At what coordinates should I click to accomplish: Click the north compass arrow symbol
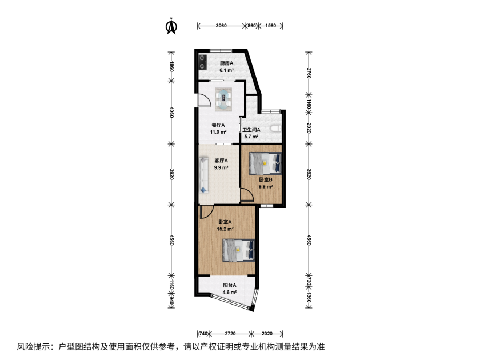coord(171,26)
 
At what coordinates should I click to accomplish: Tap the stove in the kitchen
coord(202,62)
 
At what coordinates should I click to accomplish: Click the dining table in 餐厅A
coord(223,99)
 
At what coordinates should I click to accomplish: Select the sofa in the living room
coord(204,175)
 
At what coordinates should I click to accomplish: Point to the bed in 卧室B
coord(265,163)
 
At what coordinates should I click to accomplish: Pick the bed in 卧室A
coord(238,250)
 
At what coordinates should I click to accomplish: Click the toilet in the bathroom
coord(275,128)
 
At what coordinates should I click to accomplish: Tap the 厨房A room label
coord(226,63)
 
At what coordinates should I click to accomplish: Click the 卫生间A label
coord(251,130)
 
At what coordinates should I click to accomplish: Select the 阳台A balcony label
coord(230,285)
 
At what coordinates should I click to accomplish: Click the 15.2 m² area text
coord(225,229)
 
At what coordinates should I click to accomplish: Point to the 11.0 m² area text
coord(218,132)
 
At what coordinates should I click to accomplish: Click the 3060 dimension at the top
coord(221,26)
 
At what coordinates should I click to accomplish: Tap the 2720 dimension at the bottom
coord(230,333)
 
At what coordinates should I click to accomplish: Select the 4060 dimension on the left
coord(172,113)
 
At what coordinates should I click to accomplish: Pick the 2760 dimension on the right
coord(309,73)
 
